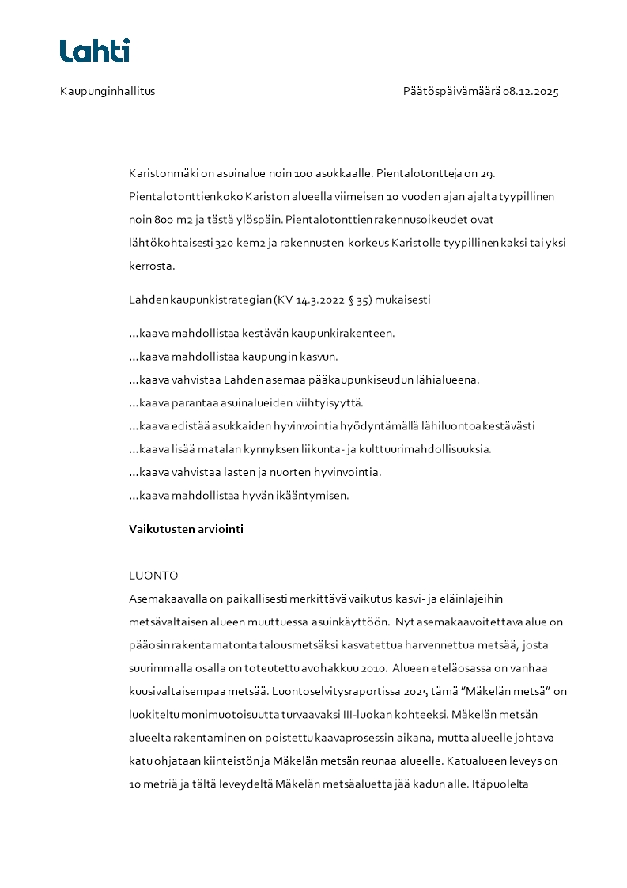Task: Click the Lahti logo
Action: [95, 51]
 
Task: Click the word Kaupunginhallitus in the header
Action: [108, 92]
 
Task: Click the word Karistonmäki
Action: [163, 173]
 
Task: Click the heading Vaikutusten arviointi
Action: [186, 530]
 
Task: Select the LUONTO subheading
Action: [153, 576]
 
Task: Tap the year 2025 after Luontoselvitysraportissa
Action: [415, 692]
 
